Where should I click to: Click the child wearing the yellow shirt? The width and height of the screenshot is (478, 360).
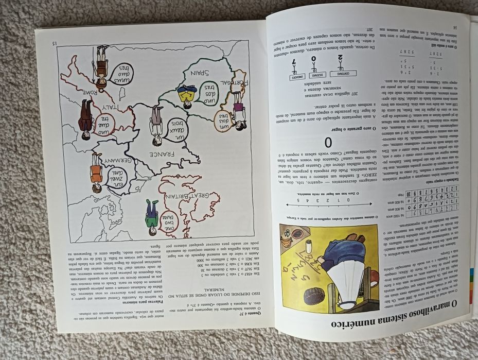[187, 96]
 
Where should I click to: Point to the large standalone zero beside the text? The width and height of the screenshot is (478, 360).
[328, 143]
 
